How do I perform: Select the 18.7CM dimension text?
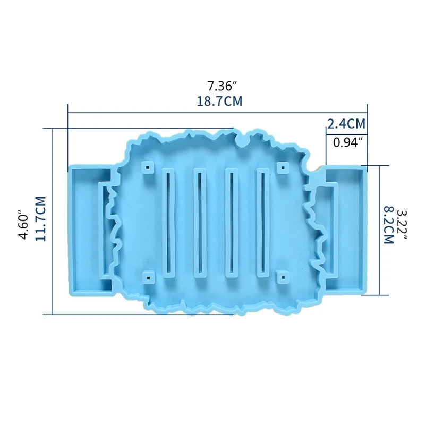[x=220, y=101]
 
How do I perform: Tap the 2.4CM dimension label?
[x=346, y=124]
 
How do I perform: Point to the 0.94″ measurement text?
[x=348, y=142]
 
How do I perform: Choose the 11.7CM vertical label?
[x=40, y=219]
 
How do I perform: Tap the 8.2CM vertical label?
[x=388, y=225]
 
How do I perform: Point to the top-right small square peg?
[x=283, y=168]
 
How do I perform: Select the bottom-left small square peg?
[x=147, y=277]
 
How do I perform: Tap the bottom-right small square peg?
[x=283, y=277]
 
